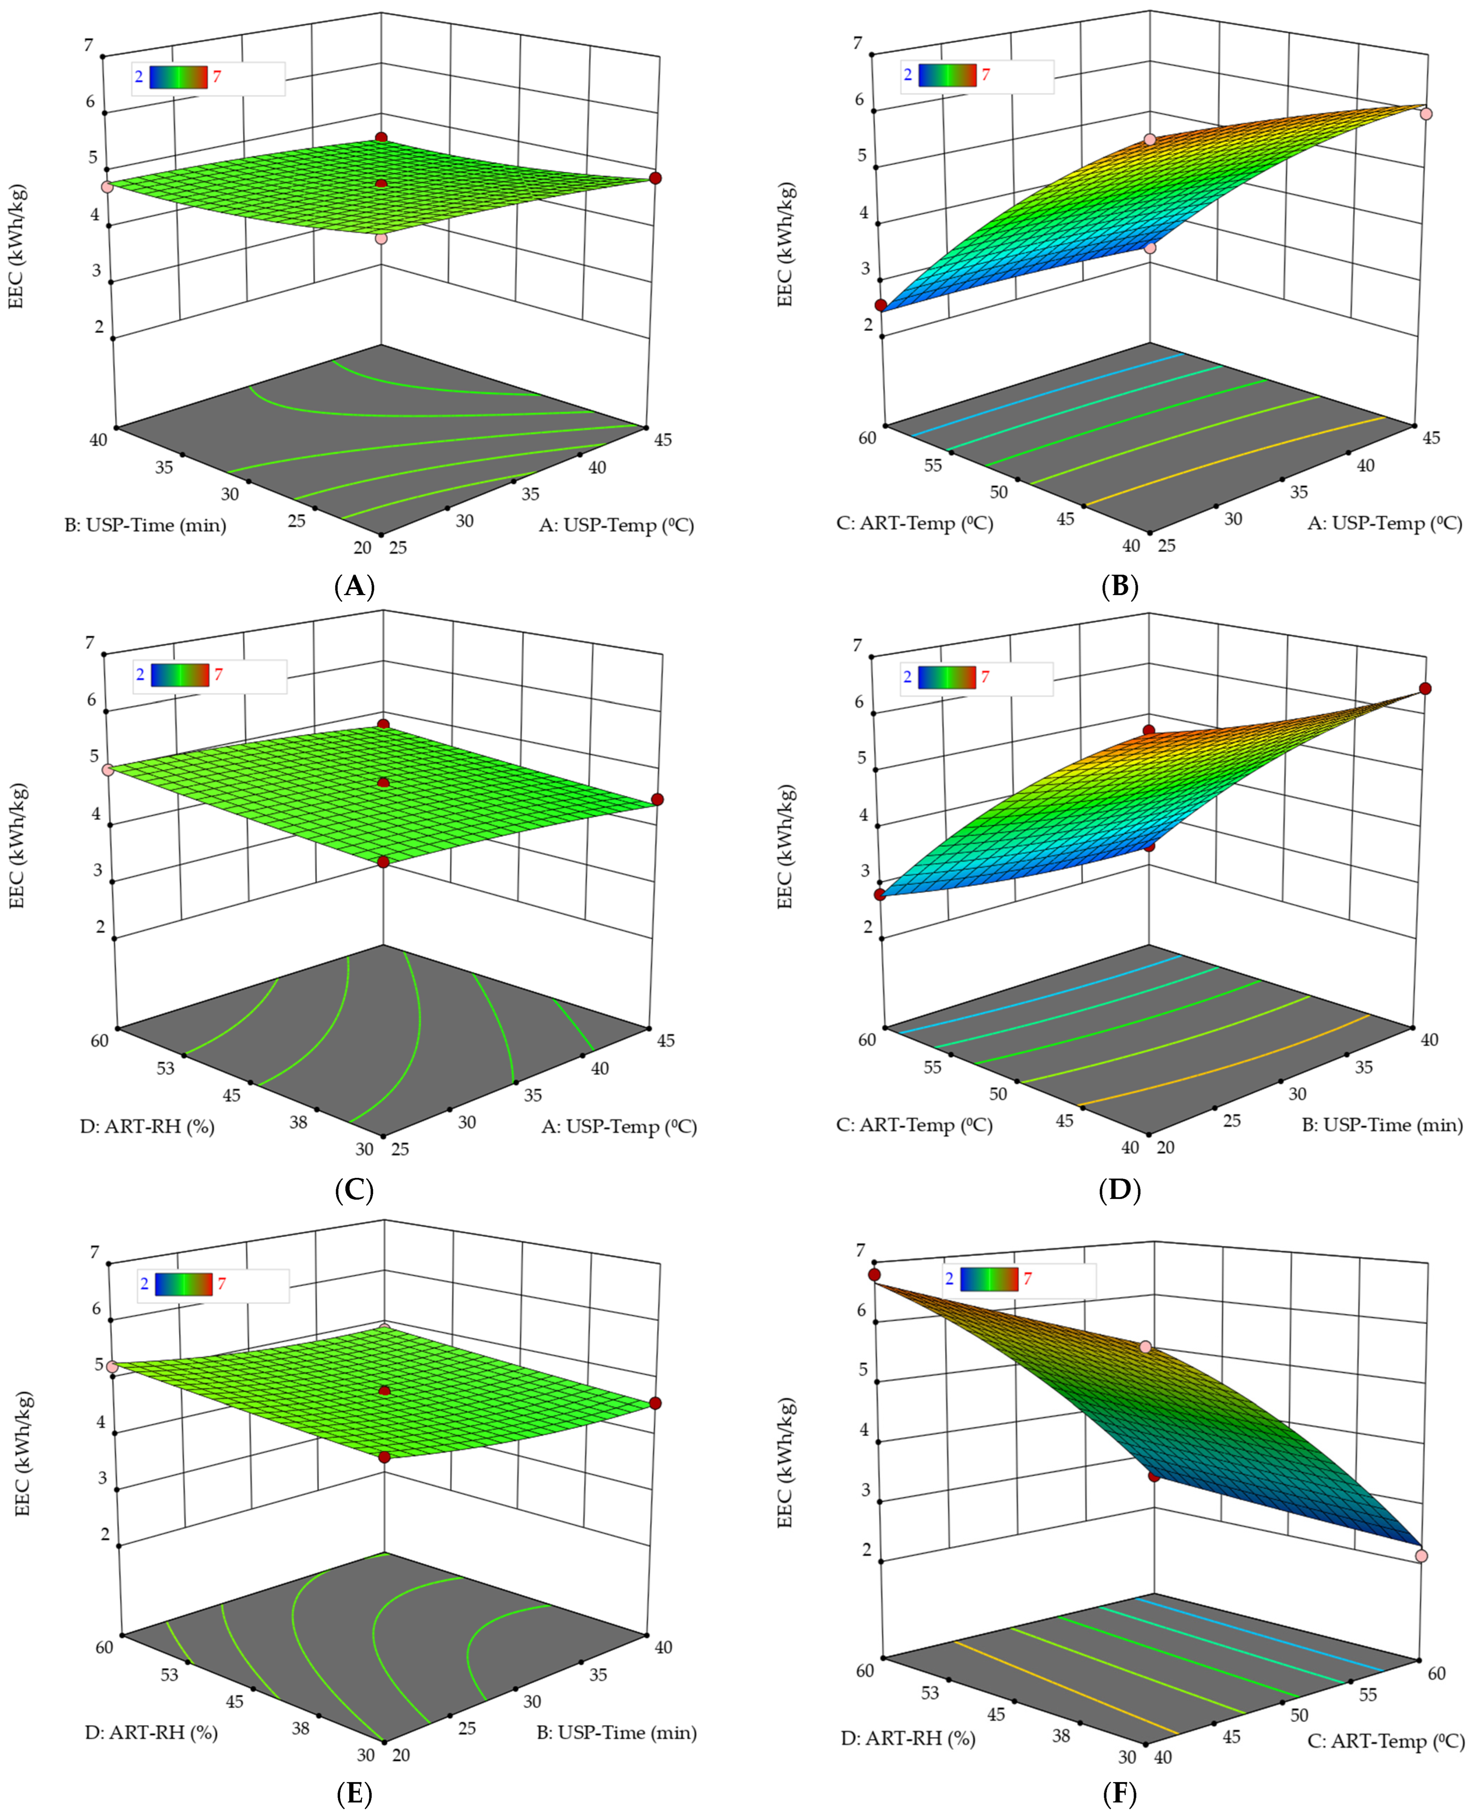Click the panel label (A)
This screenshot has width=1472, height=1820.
[x=354, y=586]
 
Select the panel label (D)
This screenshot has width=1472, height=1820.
[x=1119, y=1191]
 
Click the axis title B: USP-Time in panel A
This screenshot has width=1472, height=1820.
[x=146, y=525]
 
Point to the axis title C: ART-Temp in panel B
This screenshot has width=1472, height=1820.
[x=914, y=523]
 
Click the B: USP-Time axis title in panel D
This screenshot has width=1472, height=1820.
[x=1382, y=1125]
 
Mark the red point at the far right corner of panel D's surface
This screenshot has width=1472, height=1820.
[x=1425, y=689]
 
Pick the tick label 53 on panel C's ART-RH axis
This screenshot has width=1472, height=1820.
[x=165, y=1068]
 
